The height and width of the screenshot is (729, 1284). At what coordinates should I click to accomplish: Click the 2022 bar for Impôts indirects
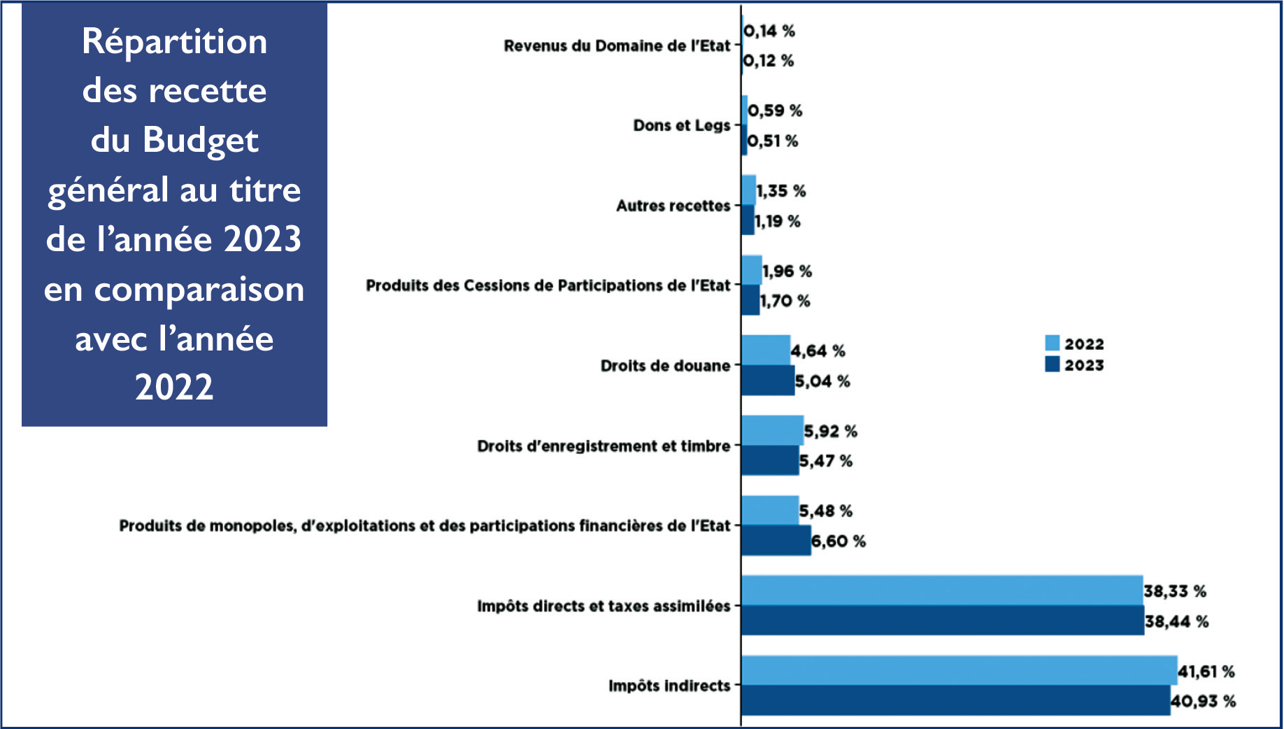pos(958,670)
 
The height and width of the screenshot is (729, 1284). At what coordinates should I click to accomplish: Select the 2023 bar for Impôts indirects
pos(955,700)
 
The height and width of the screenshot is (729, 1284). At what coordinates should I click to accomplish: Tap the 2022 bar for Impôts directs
pos(941,590)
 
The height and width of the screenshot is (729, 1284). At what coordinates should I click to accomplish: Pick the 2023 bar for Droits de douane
pos(767,381)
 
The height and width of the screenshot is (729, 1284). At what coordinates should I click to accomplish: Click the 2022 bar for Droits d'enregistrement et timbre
pos(772,430)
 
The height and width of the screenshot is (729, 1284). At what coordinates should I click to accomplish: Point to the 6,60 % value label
pos(838,541)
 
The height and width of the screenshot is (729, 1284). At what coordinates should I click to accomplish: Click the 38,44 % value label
pos(1176,621)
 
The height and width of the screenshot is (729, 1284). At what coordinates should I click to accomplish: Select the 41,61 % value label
pos(1206,672)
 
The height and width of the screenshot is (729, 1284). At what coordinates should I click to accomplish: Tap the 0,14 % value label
pos(769,31)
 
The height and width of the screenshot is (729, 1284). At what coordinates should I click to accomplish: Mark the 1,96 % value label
pos(787,271)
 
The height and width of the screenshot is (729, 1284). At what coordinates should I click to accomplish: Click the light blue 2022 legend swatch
pos(1052,343)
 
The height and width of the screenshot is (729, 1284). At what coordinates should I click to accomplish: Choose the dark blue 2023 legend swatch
pos(1052,364)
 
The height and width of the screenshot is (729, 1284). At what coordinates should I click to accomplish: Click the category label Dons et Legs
pos(681,125)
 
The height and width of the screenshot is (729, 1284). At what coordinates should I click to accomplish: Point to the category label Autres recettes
pos(673,206)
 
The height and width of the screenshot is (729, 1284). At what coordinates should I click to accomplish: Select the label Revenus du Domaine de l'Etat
pos(617,45)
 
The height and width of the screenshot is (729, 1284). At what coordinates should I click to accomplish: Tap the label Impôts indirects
pos(669,686)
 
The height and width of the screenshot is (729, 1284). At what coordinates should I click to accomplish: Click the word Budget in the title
pos(201,140)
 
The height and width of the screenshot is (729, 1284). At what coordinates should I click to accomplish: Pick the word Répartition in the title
pos(174,41)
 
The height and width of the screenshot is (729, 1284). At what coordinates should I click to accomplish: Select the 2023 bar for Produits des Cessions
pos(750,301)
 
